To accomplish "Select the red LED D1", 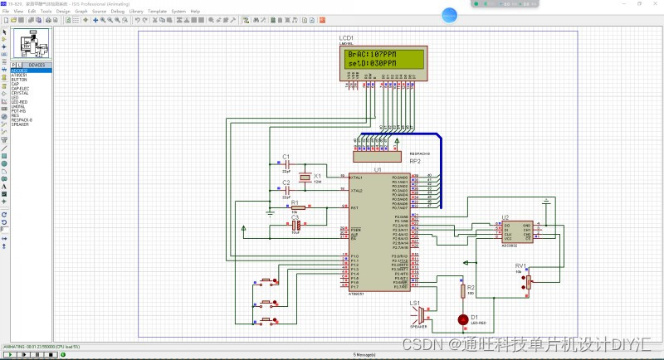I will [462, 319].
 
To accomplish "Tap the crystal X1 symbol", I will [305, 177].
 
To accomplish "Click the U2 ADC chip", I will [515, 231].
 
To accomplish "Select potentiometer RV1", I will [528, 283].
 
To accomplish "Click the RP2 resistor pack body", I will [380, 155].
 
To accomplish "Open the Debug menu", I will [118, 11].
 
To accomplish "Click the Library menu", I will [136, 11].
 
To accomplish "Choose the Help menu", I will [195, 11].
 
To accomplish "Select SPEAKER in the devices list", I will [20, 124].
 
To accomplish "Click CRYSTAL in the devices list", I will [20, 93].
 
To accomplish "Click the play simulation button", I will [7, 354].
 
